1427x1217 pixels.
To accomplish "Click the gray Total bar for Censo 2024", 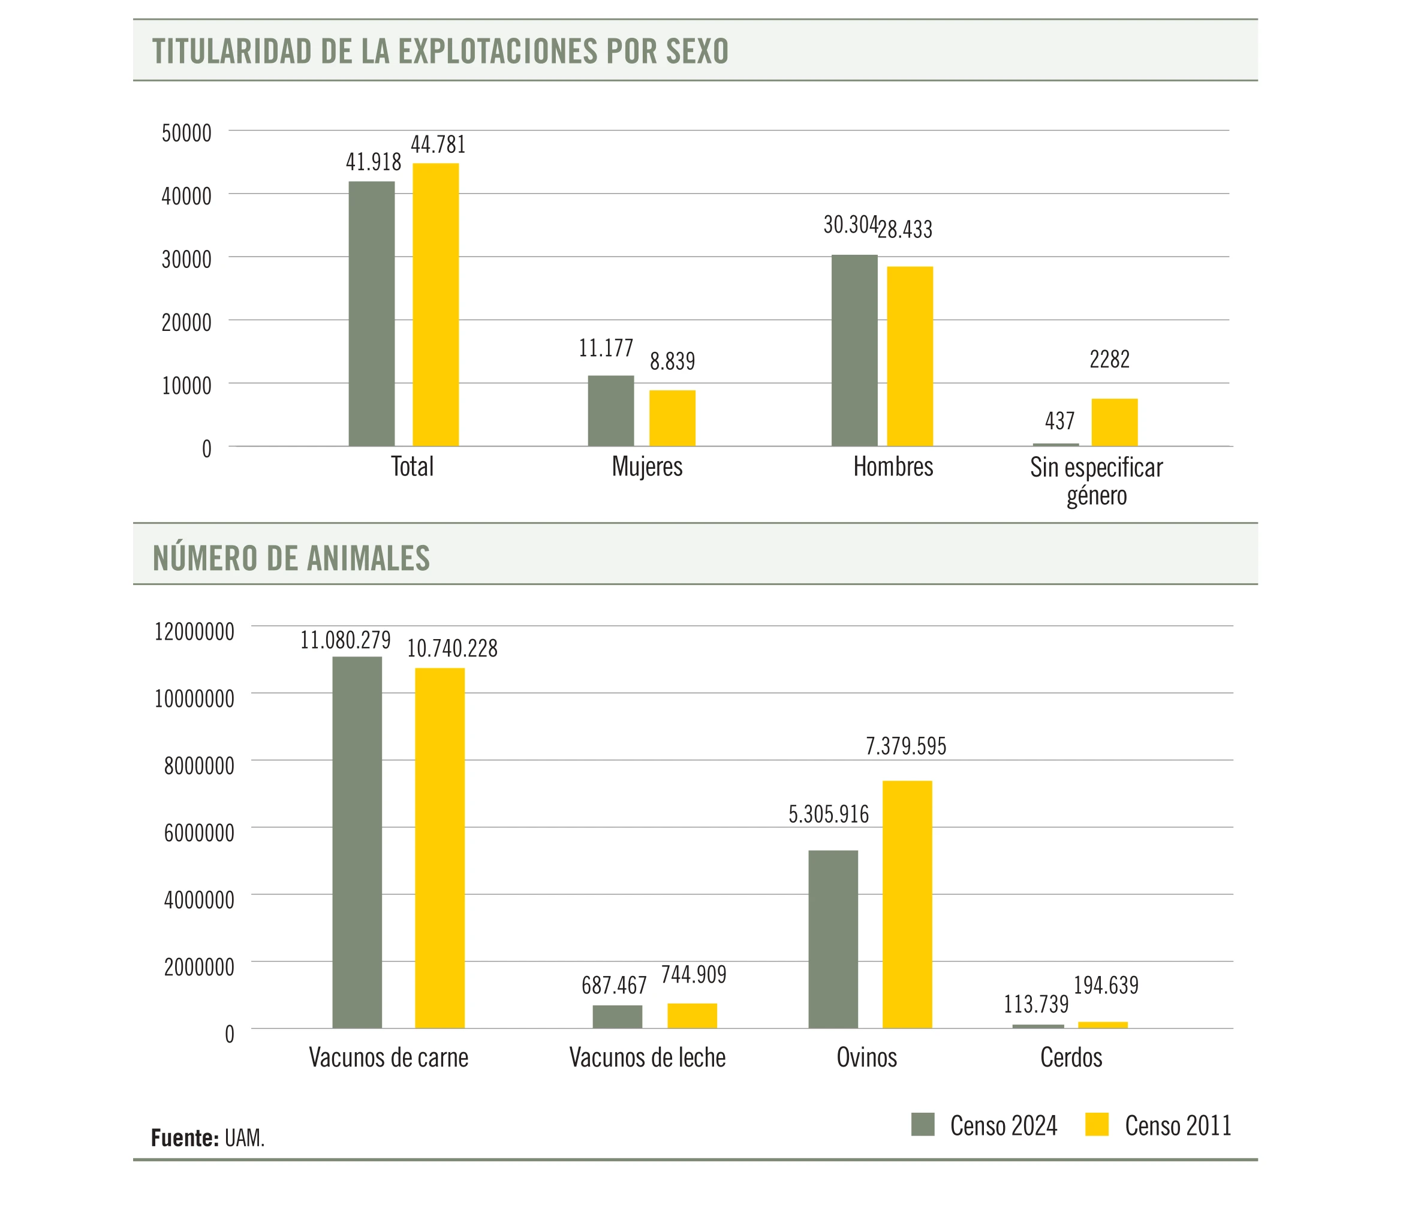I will coord(371,314).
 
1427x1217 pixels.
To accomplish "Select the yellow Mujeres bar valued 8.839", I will coord(672,418).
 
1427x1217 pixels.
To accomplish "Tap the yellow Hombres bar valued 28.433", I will coord(910,356).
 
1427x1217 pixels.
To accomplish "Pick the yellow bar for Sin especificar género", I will coord(1115,422).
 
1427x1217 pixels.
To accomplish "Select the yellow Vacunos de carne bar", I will coord(439,848).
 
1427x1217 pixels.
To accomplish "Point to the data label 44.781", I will coord(438,144).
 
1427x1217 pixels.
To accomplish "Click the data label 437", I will coord(1059,421).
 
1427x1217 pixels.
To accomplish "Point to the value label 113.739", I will coord(1036,1004).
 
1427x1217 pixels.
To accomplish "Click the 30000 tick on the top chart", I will coord(186,259).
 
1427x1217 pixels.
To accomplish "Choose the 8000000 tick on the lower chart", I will coord(199,765).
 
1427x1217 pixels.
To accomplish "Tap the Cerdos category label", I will coord(1071,1057).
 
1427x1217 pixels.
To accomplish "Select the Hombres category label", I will coord(893,467).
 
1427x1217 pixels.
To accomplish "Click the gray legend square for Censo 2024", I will coord(923,1124).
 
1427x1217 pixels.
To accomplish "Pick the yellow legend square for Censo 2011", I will coord(1097,1124).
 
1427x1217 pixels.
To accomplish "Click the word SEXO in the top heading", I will coord(697,52).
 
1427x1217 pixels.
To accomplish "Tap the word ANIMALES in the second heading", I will coord(369,558).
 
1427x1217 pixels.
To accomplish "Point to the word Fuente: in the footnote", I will coord(185,1138).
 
